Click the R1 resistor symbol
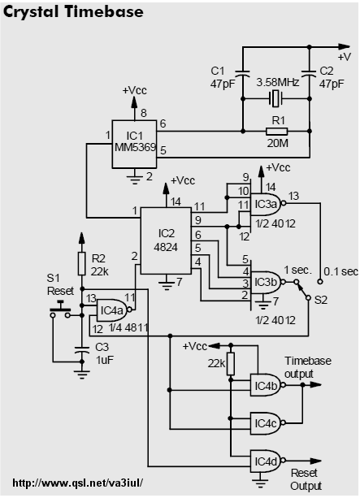point(276,131)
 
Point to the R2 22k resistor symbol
point(82,263)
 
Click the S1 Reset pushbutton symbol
point(60,310)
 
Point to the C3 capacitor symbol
point(82,350)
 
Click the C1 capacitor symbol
point(243,73)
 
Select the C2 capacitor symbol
point(309,73)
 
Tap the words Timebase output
point(307,367)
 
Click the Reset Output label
point(306,479)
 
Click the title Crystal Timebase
point(73,12)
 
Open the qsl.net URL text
point(78,483)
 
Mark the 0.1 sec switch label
point(340,271)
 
